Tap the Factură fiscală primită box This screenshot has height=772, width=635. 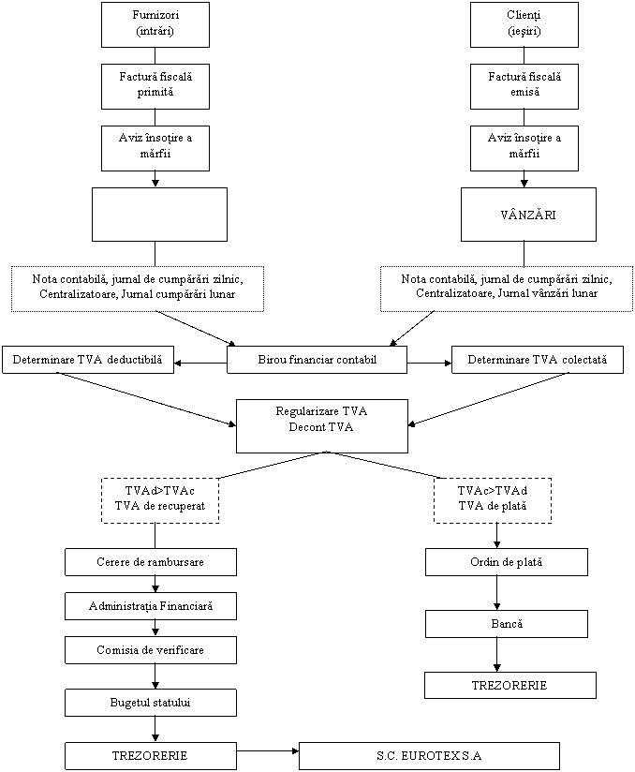tap(155, 85)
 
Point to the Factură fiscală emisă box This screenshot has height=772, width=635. tap(524, 85)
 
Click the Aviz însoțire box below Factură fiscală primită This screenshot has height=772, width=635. tap(155, 147)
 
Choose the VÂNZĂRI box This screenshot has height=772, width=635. tap(528, 215)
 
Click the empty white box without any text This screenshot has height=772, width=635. tap(159, 215)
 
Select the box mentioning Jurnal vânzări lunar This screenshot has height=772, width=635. tap(506, 288)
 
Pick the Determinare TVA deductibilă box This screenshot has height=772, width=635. tap(88, 360)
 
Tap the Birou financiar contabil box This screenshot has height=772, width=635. tap(317, 360)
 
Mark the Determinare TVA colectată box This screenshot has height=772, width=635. tap(538, 360)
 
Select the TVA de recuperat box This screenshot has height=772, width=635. tap(159, 500)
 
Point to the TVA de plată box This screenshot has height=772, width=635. tap(492, 500)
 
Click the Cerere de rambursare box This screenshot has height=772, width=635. tap(151, 562)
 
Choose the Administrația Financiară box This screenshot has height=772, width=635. tap(151, 606)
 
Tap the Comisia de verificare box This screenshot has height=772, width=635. tap(151, 650)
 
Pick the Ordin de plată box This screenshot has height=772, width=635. tap(507, 562)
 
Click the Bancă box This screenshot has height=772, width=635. tap(507, 624)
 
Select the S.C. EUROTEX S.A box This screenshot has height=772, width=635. tap(429, 756)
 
